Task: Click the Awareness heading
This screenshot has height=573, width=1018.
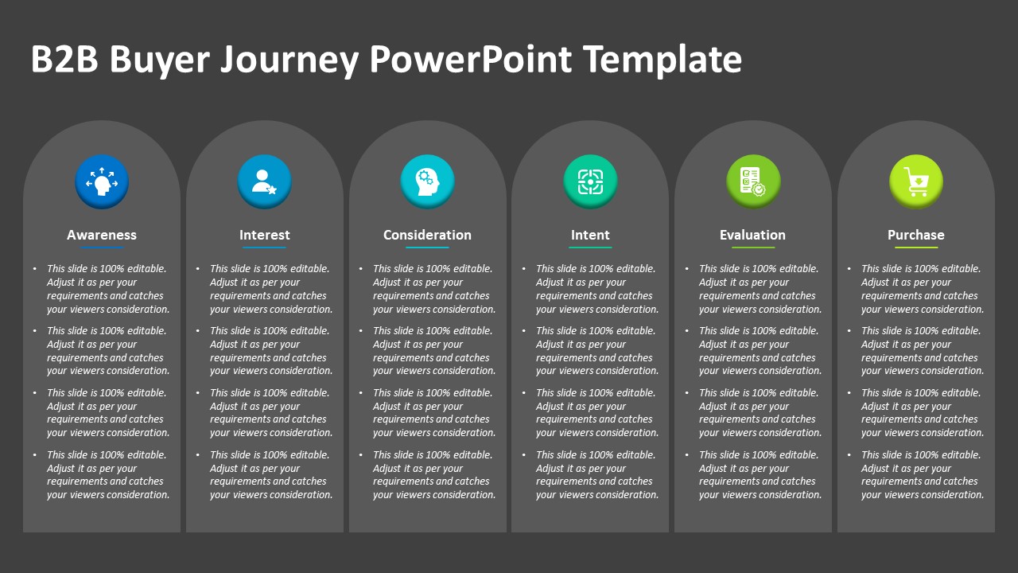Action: (x=102, y=235)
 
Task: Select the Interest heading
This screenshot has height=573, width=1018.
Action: (x=265, y=235)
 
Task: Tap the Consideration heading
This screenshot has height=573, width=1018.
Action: (x=427, y=235)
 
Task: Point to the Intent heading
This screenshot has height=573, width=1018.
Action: (x=590, y=235)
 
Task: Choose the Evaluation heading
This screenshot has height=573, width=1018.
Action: (x=752, y=235)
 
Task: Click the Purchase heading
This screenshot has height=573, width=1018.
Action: (x=916, y=235)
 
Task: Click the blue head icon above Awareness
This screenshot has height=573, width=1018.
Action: (x=102, y=181)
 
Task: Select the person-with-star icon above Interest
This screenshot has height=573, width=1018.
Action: (x=265, y=181)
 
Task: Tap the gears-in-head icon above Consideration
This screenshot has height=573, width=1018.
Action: (x=427, y=181)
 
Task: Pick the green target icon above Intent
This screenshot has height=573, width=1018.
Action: (x=590, y=181)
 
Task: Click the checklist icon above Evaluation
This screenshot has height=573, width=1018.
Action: (x=753, y=181)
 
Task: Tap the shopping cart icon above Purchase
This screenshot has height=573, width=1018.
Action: (x=916, y=181)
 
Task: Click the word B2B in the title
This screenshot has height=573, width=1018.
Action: (x=64, y=60)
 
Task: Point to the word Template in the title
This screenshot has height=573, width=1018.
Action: (x=662, y=60)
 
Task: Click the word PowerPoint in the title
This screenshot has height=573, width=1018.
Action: (x=471, y=60)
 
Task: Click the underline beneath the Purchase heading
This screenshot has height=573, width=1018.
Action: (x=916, y=248)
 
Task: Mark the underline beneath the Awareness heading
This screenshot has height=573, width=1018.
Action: (x=102, y=248)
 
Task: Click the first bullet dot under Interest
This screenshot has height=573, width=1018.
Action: (x=198, y=269)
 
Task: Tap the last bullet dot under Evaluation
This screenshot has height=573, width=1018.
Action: (x=686, y=455)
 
